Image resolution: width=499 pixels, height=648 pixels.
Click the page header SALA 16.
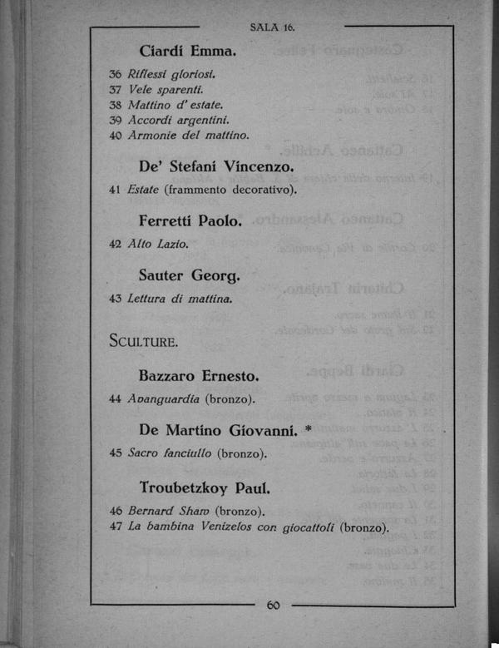tap(272, 27)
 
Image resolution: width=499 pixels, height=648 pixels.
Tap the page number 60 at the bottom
tap(273, 605)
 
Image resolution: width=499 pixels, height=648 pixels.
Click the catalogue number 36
tap(116, 75)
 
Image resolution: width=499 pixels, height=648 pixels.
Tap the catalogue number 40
tap(116, 135)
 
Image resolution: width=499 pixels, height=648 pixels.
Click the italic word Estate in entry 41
tap(143, 190)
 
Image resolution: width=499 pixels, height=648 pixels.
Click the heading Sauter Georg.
tap(189, 275)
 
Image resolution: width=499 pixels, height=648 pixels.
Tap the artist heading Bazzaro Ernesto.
tap(199, 375)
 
